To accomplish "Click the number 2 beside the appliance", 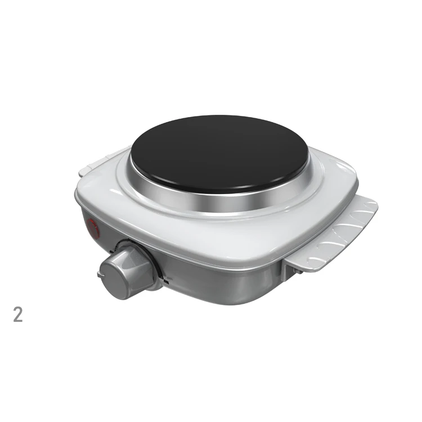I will (18, 315).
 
